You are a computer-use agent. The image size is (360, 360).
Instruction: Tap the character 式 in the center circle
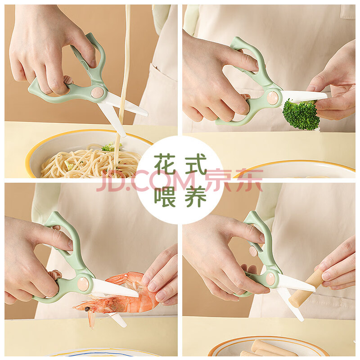click(196, 164)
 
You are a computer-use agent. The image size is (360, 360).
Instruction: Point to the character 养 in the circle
click(196, 196)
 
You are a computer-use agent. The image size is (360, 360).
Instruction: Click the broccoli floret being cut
click(301, 114)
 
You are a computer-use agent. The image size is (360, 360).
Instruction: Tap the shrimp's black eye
click(87, 309)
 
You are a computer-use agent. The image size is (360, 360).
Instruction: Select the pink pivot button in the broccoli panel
click(273, 97)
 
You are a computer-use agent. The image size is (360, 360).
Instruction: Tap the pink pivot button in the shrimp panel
click(83, 283)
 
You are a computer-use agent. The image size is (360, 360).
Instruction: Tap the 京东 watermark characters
click(234, 180)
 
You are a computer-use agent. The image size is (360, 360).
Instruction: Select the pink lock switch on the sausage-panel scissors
click(254, 251)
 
